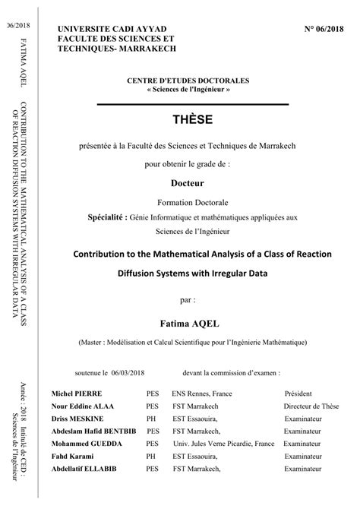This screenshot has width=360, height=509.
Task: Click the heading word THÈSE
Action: pyautogui.click(x=192, y=119)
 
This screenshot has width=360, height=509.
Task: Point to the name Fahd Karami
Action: pyautogui.click(x=70, y=457)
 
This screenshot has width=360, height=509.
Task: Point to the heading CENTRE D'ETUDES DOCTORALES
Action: pyautogui.click(x=192, y=80)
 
